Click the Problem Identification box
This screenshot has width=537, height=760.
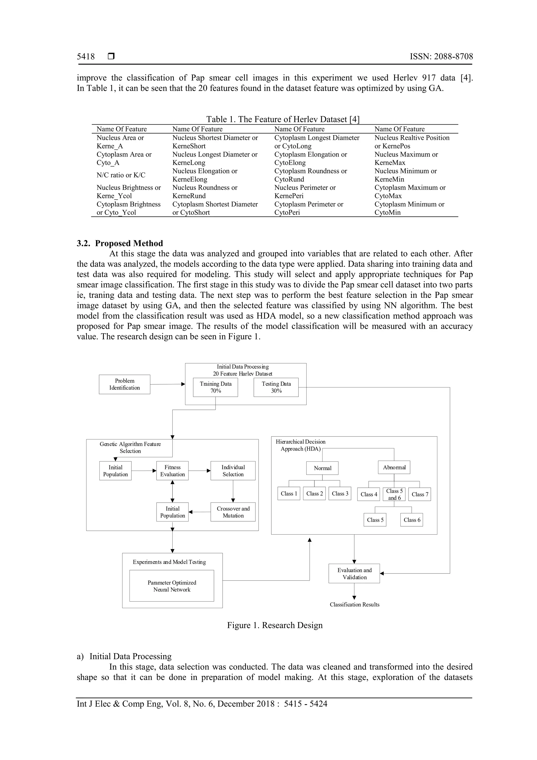(x=124, y=384)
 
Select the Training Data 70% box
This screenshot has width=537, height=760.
(x=215, y=387)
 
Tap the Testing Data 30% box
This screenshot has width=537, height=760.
(x=276, y=387)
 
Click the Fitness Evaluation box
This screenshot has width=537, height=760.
(x=172, y=471)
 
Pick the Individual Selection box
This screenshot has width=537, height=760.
(x=233, y=471)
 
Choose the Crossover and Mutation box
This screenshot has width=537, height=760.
(x=233, y=512)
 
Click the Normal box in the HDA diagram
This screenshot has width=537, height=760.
(x=322, y=468)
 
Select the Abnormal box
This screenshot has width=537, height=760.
(x=394, y=467)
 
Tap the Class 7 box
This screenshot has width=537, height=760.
(x=420, y=494)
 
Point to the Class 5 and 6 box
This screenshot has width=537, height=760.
(x=394, y=494)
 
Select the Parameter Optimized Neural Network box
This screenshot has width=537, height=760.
(x=172, y=586)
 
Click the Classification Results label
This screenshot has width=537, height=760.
(x=354, y=604)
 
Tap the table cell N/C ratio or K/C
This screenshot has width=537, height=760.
(x=121, y=175)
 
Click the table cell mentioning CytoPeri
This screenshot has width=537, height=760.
(x=308, y=208)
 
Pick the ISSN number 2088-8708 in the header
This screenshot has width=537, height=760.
(x=441, y=57)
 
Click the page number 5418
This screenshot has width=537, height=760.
(x=86, y=57)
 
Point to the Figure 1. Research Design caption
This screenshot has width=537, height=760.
(x=275, y=625)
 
